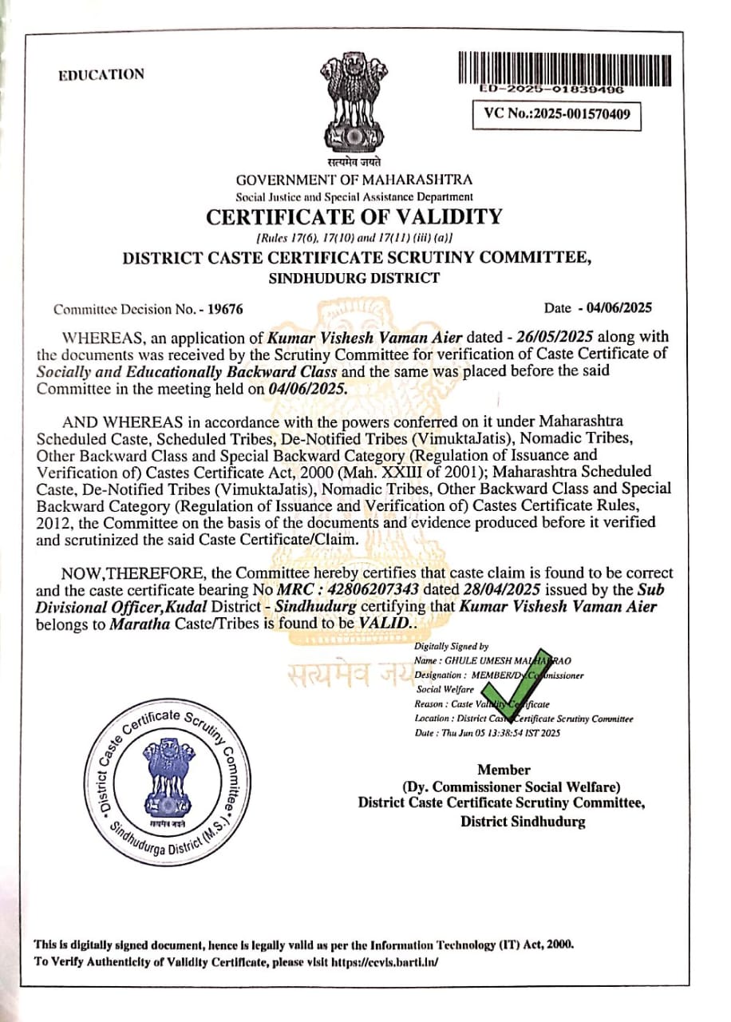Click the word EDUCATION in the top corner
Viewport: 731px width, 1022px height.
[x=101, y=75]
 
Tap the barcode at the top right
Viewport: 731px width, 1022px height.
[x=551, y=69]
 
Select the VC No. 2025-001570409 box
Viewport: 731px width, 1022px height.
[x=556, y=114]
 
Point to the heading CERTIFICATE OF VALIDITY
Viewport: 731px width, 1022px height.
[x=354, y=216]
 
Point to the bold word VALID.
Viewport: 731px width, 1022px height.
[x=384, y=623]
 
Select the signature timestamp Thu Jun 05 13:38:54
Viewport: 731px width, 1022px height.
[x=494, y=733]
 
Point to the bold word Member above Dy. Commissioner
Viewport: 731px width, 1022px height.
[x=504, y=770]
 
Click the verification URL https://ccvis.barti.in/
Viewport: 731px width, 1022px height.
[x=380, y=962]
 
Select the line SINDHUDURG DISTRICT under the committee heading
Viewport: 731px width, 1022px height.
[x=354, y=279]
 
